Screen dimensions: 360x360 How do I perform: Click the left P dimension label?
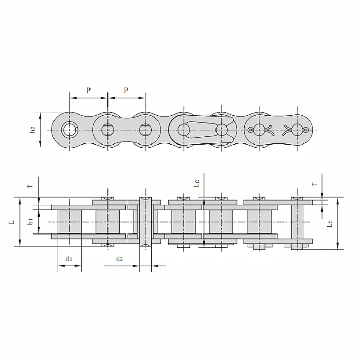pyautogui.click(x=88, y=90)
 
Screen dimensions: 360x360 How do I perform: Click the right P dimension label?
pyautogui.click(x=126, y=90)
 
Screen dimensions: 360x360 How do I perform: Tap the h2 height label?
pyautogui.click(x=33, y=130)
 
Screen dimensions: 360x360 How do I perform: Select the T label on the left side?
pyautogui.click(x=30, y=186)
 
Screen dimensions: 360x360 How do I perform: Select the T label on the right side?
pyautogui.click(x=315, y=184)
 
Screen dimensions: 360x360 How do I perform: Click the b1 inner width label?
pyautogui.click(x=30, y=222)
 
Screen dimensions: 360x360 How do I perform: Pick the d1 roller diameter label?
pyautogui.click(x=69, y=259)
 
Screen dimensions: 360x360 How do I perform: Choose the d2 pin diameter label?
pyautogui.click(x=119, y=259)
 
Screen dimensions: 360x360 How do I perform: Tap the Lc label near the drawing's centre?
pyautogui.click(x=197, y=183)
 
